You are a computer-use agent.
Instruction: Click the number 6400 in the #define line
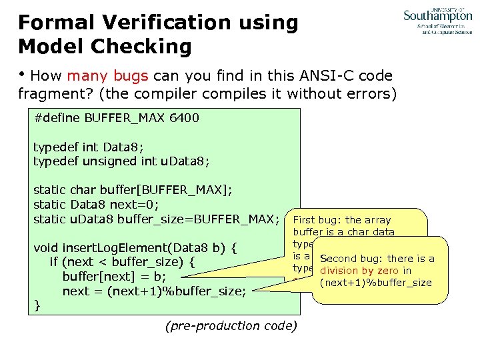click(x=184, y=118)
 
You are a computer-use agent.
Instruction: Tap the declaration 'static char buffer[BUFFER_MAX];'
click(x=133, y=190)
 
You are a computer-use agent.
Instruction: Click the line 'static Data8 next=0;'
click(x=96, y=205)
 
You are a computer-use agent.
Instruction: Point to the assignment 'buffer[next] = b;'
click(x=113, y=277)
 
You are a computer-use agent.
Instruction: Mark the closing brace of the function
click(x=37, y=305)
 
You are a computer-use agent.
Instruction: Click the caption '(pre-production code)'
click(x=231, y=326)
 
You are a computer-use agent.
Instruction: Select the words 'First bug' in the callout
click(x=317, y=220)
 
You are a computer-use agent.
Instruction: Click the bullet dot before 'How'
click(x=23, y=75)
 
